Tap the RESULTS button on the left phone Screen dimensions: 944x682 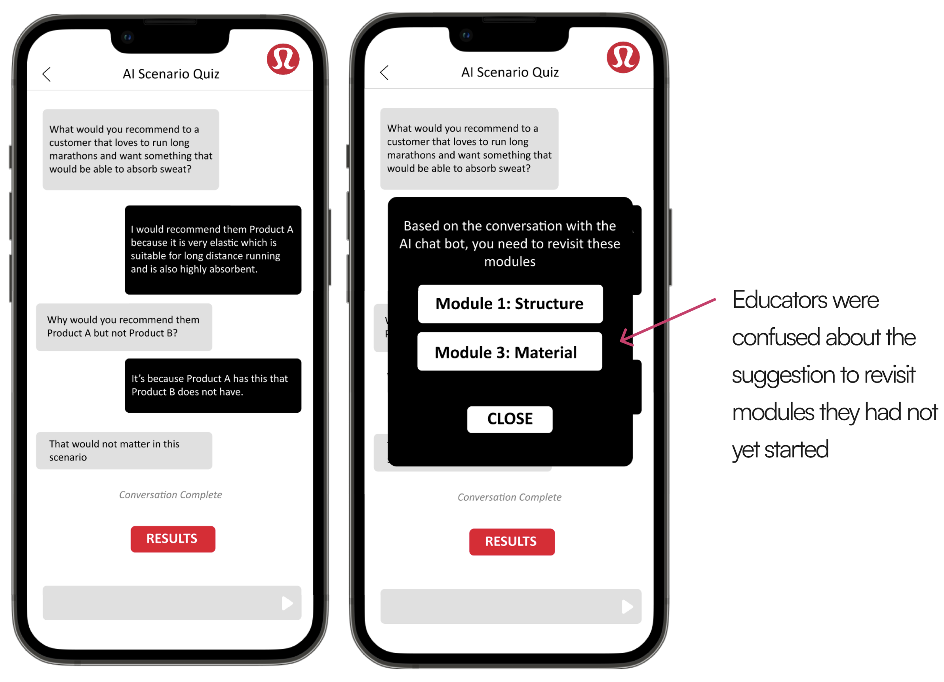tap(173, 539)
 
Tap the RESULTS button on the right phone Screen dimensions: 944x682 tap(512, 541)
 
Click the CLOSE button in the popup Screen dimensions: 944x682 tap(510, 419)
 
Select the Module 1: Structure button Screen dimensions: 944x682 tap(510, 303)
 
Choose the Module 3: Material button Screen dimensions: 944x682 tap(510, 352)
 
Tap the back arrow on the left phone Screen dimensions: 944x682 tap(47, 74)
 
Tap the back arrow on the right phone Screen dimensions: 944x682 tap(384, 72)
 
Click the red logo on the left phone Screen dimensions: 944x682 tap(283, 59)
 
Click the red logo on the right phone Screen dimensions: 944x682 tap(623, 57)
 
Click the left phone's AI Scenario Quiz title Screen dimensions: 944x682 tap(171, 74)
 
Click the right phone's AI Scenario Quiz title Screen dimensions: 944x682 tap(510, 72)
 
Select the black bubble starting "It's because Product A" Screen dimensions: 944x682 tap(213, 385)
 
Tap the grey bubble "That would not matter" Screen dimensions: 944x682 tap(124, 450)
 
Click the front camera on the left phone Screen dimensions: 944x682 tap(128, 38)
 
